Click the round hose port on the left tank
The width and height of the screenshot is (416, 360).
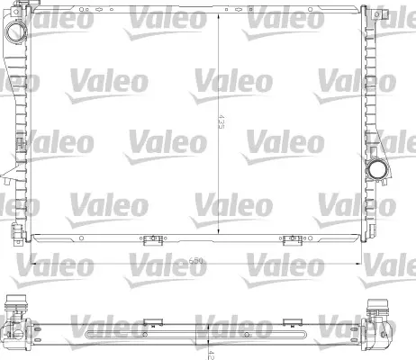coord(14,32)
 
